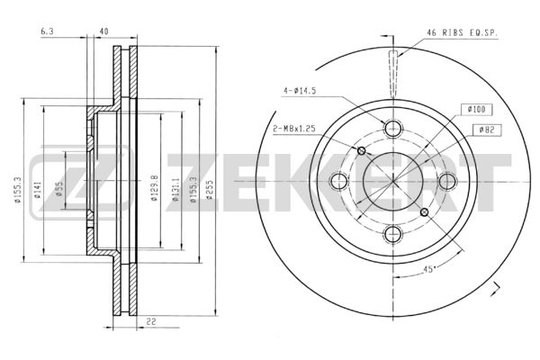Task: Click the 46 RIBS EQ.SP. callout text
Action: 462,33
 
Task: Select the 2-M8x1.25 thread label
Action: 294,129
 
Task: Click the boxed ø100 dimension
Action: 477,110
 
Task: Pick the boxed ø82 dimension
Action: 487,130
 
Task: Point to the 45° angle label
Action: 428,269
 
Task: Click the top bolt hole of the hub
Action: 393,128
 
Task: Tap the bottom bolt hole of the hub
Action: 393,234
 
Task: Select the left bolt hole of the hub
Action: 339,181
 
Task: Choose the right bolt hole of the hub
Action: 447,181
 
